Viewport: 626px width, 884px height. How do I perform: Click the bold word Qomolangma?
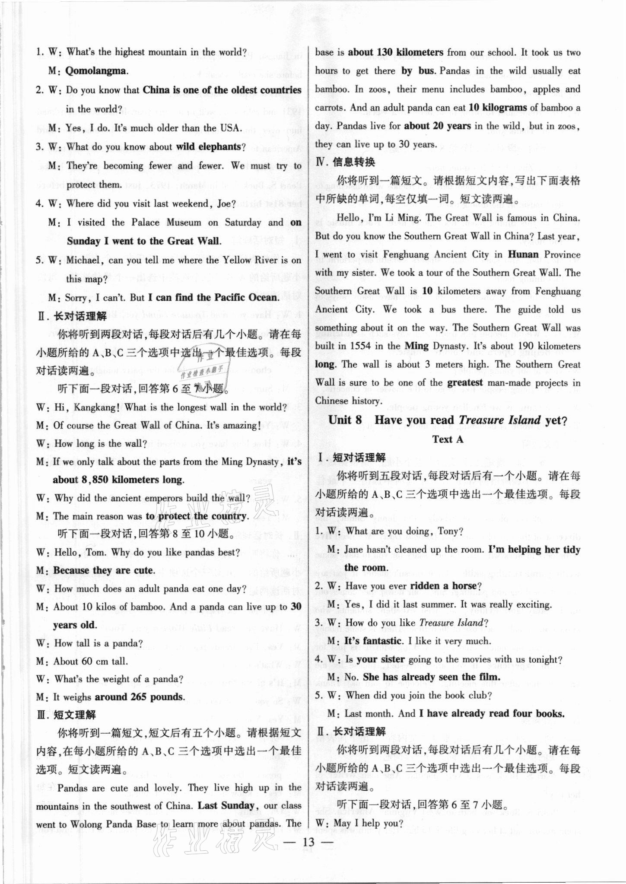click(96, 71)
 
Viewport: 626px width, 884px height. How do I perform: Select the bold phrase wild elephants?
click(208, 147)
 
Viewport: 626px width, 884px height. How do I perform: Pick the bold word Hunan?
click(524, 254)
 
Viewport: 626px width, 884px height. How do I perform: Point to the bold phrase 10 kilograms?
click(498, 108)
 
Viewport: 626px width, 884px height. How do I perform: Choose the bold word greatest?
click(465, 382)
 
